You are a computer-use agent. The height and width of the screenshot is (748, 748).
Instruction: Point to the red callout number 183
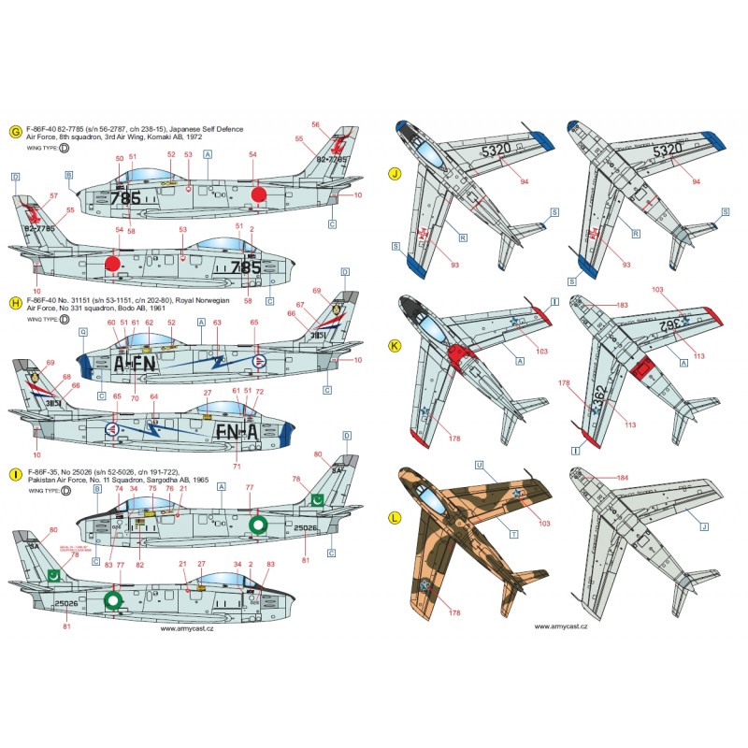click(622, 305)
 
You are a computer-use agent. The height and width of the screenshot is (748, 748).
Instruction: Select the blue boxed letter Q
click(83, 330)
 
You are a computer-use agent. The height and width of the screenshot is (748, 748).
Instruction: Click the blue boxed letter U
click(479, 465)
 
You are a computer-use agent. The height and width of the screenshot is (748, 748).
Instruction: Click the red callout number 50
click(119, 158)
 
